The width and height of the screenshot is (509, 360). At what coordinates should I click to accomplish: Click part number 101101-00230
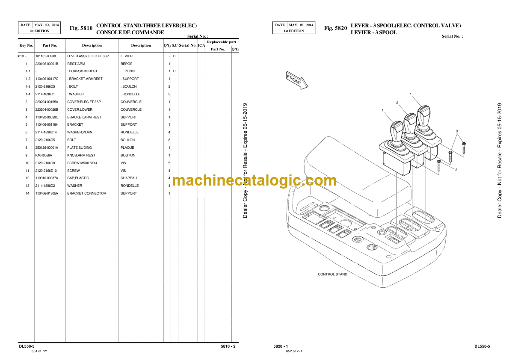[45, 56]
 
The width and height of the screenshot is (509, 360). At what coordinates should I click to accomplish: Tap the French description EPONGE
[129, 71]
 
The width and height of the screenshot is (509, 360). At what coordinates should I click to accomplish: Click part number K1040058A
[44, 155]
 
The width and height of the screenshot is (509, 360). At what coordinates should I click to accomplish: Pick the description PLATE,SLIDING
[79, 148]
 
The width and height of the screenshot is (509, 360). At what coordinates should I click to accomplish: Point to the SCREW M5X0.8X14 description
[82, 163]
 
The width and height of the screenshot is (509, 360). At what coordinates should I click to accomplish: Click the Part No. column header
[50, 45]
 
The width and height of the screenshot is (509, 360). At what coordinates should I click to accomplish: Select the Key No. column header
[26, 45]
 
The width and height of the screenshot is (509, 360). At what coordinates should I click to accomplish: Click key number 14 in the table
[27, 194]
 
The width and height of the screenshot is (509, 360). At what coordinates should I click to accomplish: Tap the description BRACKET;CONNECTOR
[87, 194]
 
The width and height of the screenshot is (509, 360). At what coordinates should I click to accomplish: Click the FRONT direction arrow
[297, 80]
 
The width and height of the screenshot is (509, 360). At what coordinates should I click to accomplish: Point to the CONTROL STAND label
[332, 274]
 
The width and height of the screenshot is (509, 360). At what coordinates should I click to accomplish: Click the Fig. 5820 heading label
[335, 28]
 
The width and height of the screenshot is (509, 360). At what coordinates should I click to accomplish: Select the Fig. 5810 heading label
[81, 28]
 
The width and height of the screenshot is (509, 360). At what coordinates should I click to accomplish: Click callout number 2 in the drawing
[397, 103]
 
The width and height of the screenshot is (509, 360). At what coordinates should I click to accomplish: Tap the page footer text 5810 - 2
[228, 346]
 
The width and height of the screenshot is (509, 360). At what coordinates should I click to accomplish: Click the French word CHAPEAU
[129, 178]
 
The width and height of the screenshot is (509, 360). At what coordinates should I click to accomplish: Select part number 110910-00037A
[47, 178]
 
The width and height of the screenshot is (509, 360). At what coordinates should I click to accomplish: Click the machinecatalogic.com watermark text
[254, 180]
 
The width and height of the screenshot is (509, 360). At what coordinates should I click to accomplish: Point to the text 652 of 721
[294, 351]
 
